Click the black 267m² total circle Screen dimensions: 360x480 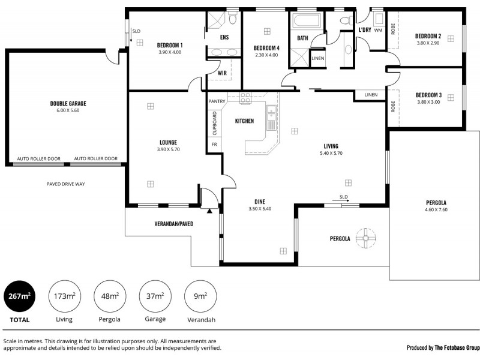click(19, 296)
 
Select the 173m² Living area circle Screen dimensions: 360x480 click(64, 296)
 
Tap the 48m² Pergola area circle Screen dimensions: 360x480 click(109, 296)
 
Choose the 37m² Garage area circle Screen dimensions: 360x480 click(155, 296)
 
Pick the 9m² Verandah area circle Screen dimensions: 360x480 click(200, 296)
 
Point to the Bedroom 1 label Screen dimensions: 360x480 click(170, 45)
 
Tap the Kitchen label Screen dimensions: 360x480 click(244, 121)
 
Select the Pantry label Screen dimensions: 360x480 click(217, 101)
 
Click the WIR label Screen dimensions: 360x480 click(222, 73)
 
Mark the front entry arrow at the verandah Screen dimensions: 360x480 click(209, 211)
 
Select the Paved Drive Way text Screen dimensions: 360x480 click(65, 184)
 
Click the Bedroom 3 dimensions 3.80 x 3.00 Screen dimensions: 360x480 click(428, 102)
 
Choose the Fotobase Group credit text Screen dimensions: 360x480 click(443, 347)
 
